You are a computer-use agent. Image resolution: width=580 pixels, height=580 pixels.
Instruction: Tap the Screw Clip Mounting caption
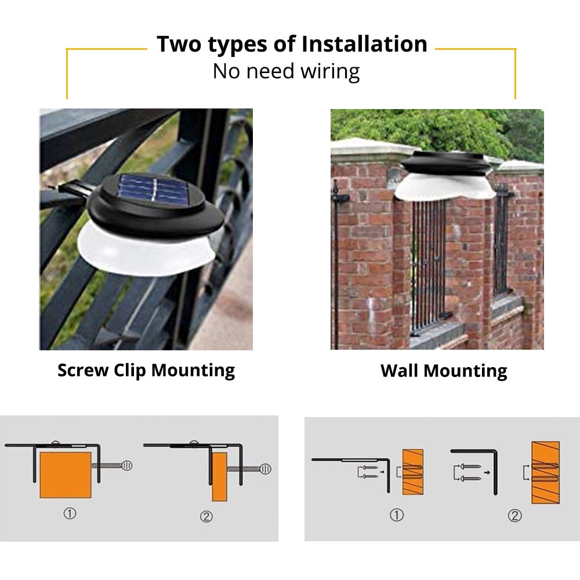point(146,370)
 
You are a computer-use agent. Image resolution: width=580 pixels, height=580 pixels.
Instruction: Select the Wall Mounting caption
point(444,371)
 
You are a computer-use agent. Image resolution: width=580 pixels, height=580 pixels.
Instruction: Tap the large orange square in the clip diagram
point(66,476)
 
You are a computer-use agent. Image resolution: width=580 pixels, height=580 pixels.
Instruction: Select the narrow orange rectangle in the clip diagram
point(219,477)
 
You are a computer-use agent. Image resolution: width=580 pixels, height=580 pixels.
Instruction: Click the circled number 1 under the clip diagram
point(70,513)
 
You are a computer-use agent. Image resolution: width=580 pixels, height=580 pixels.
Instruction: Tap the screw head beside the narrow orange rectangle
point(265,469)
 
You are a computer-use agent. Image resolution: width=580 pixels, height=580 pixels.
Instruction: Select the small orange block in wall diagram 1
point(412,472)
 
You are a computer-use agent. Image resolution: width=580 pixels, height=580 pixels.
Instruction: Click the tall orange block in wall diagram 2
point(545,472)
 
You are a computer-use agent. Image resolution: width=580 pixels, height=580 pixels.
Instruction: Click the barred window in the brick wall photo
point(429,267)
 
